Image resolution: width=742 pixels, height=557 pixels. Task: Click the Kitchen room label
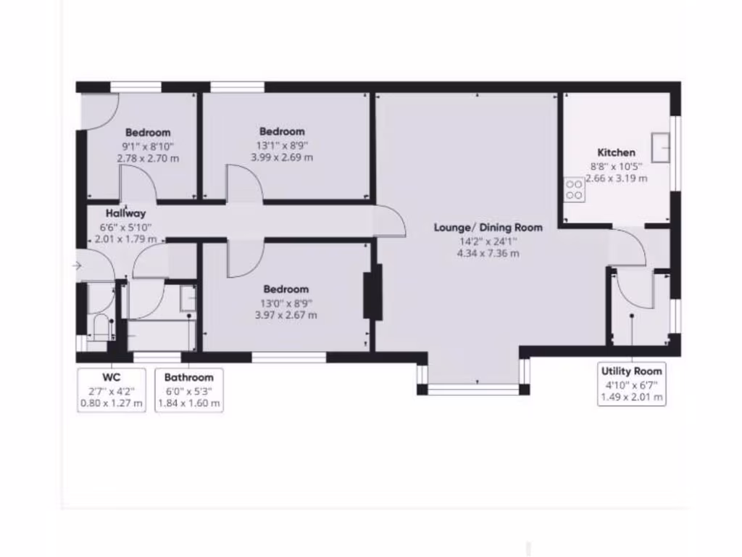(616, 152)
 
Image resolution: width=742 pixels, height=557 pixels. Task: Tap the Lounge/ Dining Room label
(488, 228)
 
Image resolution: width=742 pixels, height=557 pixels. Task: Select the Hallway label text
(125, 214)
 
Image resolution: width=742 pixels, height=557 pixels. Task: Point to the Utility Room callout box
(632, 384)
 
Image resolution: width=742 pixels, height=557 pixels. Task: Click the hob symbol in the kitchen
(575, 189)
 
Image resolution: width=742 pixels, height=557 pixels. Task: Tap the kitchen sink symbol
(661, 147)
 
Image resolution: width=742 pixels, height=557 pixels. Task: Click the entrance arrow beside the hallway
(78, 266)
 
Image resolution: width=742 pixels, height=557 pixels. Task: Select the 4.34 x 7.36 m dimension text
(488, 253)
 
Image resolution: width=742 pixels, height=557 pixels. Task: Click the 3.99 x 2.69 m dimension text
(282, 157)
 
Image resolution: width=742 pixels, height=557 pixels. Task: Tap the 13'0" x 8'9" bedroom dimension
(285, 302)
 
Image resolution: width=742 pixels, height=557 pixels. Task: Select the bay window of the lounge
(474, 388)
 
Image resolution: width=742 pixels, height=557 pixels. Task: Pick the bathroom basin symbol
(188, 297)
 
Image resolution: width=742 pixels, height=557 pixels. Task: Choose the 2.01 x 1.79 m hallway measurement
(125, 239)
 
